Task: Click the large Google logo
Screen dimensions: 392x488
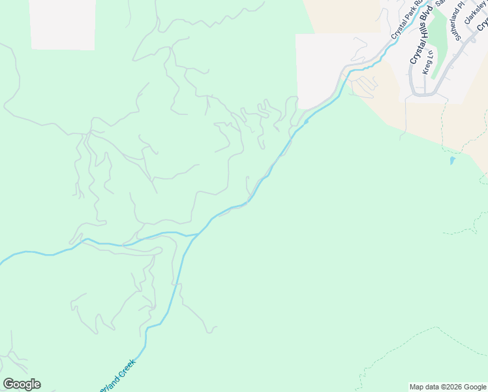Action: click(22, 384)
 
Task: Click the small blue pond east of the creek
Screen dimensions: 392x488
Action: click(451, 160)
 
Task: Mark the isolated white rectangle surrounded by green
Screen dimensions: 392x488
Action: click(62, 24)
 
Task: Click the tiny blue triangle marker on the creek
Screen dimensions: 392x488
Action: click(306, 121)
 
